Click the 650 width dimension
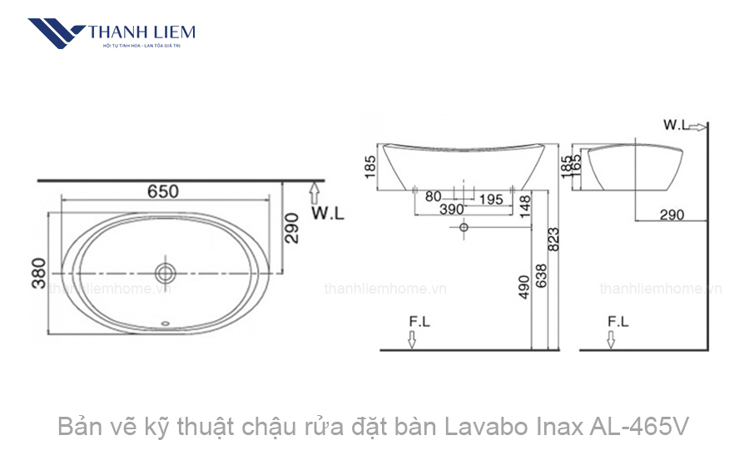click(x=163, y=190)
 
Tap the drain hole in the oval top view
click(x=165, y=271)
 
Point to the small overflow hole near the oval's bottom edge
click(x=165, y=325)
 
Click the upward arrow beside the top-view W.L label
click(x=314, y=193)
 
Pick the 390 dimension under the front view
click(x=450, y=210)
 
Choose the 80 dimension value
click(x=433, y=197)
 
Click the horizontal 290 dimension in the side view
click(x=672, y=215)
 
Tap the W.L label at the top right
click(x=675, y=125)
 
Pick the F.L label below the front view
click(x=419, y=320)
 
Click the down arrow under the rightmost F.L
click(x=611, y=339)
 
